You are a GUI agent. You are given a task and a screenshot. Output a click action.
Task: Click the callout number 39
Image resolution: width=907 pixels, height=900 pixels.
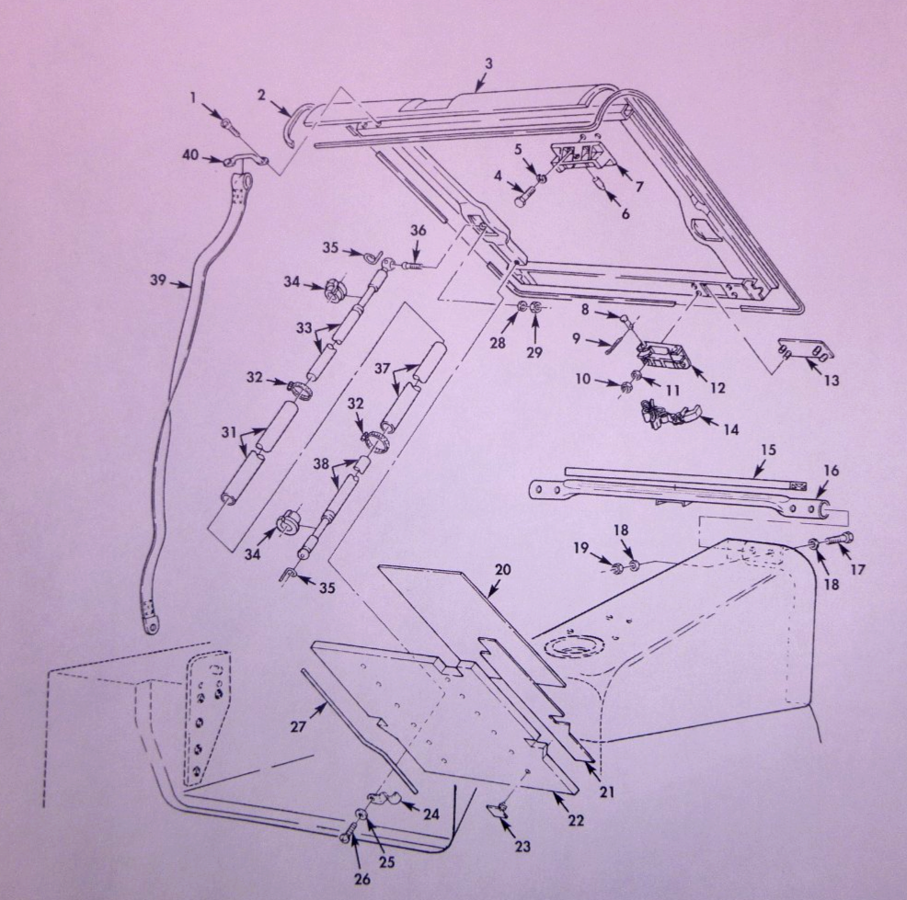(158, 280)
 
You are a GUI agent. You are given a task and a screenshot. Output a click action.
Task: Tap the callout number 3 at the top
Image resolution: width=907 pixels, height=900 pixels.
(488, 63)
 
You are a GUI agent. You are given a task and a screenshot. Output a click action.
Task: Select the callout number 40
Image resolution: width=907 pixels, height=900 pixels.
(190, 155)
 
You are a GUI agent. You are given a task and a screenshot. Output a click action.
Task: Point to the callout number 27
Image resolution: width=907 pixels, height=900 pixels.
(297, 726)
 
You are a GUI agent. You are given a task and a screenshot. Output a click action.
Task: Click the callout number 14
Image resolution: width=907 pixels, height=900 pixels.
(731, 429)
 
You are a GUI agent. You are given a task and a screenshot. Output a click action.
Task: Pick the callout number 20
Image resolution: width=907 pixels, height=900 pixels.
(502, 570)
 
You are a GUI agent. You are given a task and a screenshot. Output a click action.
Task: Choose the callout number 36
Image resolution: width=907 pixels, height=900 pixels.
(419, 231)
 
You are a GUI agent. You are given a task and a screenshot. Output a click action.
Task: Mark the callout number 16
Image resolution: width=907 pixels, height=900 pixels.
(832, 471)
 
